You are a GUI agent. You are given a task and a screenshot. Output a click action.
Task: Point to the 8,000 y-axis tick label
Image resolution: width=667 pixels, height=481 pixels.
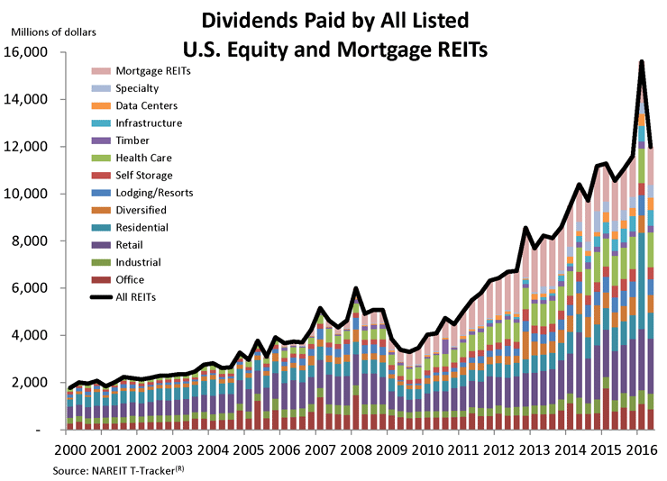click(34, 240)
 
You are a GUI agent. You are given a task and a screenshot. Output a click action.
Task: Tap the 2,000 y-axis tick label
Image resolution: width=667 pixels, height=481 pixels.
click(34, 383)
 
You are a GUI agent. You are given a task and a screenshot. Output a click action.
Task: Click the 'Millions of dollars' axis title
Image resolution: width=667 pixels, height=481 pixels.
click(52, 32)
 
